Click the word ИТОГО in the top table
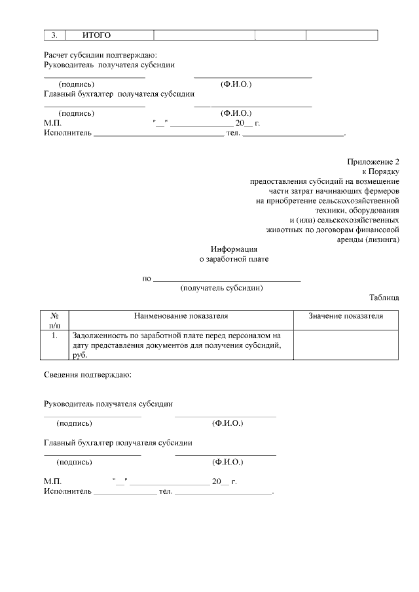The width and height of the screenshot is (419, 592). (96, 35)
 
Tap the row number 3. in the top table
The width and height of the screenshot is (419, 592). (55, 35)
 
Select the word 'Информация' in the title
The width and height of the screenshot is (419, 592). (234, 249)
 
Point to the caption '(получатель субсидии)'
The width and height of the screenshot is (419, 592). (222, 288)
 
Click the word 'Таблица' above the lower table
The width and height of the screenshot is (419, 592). (384, 298)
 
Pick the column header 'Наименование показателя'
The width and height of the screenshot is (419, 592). (181, 316)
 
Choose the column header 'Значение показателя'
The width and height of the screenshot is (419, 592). (346, 316)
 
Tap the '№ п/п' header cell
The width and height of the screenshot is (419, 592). (55, 320)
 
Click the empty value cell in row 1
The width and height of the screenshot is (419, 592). (346, 345)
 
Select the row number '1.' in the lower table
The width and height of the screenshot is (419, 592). (55, 335)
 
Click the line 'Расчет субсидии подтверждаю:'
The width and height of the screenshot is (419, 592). (100, 56)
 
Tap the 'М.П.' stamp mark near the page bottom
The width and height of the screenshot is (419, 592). (52, 481)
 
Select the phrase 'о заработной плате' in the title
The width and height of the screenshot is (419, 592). (234, 259)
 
